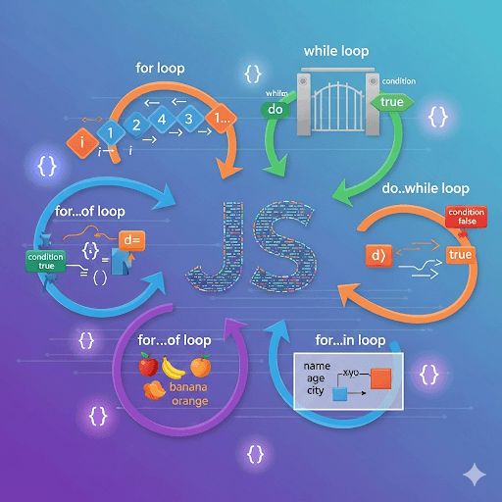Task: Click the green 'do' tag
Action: click(x=276, y=110)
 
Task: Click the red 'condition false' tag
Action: click(x=466, y=217)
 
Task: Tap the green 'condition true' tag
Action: click(x=45, y=261)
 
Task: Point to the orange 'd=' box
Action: click(x=130, y=238)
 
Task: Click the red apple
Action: click(x=148, y=367)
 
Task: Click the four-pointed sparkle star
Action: click(x=475, y=474)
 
